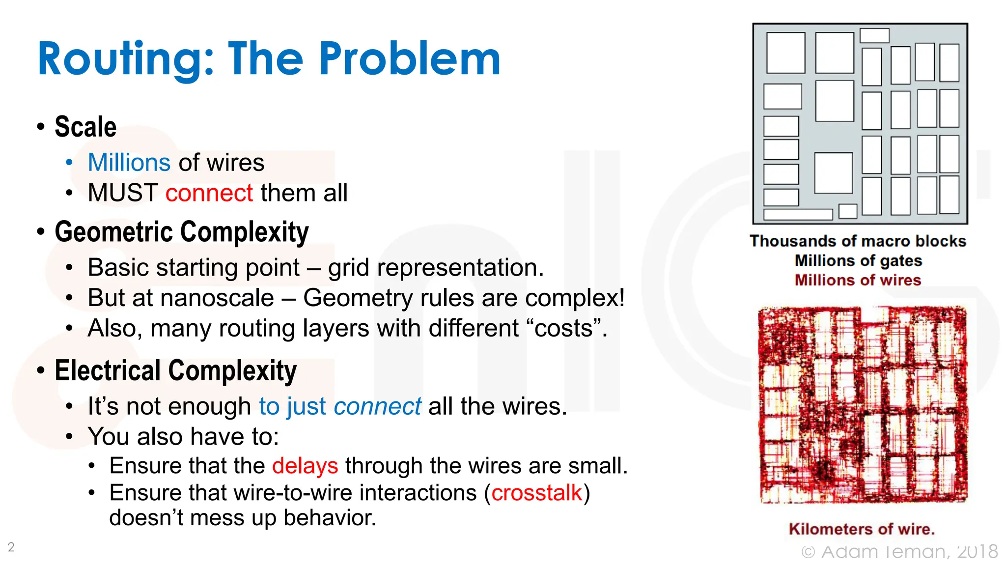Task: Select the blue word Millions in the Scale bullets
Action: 129,163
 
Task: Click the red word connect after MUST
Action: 209,193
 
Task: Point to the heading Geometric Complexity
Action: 181,232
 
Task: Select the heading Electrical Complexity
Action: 175,370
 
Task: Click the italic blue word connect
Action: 377,406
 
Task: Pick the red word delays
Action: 305,465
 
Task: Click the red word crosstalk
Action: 536,492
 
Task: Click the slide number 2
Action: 11,547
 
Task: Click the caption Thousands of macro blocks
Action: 858,241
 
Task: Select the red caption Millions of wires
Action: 858,280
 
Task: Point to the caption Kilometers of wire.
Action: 862,529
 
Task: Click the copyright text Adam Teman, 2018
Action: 909,552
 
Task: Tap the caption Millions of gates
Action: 858,260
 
